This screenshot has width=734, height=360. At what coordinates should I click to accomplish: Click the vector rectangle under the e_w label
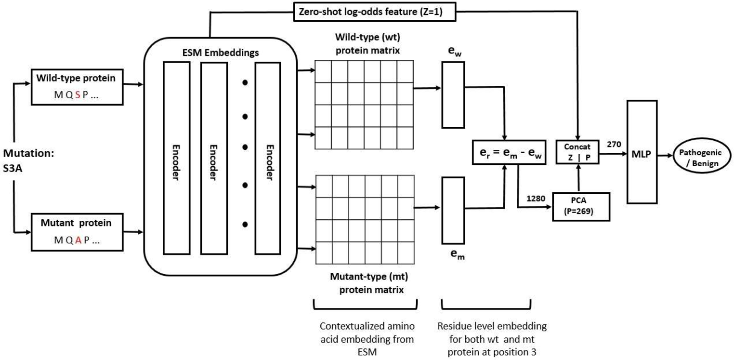453,100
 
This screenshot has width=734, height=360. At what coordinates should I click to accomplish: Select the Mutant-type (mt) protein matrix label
366,283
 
